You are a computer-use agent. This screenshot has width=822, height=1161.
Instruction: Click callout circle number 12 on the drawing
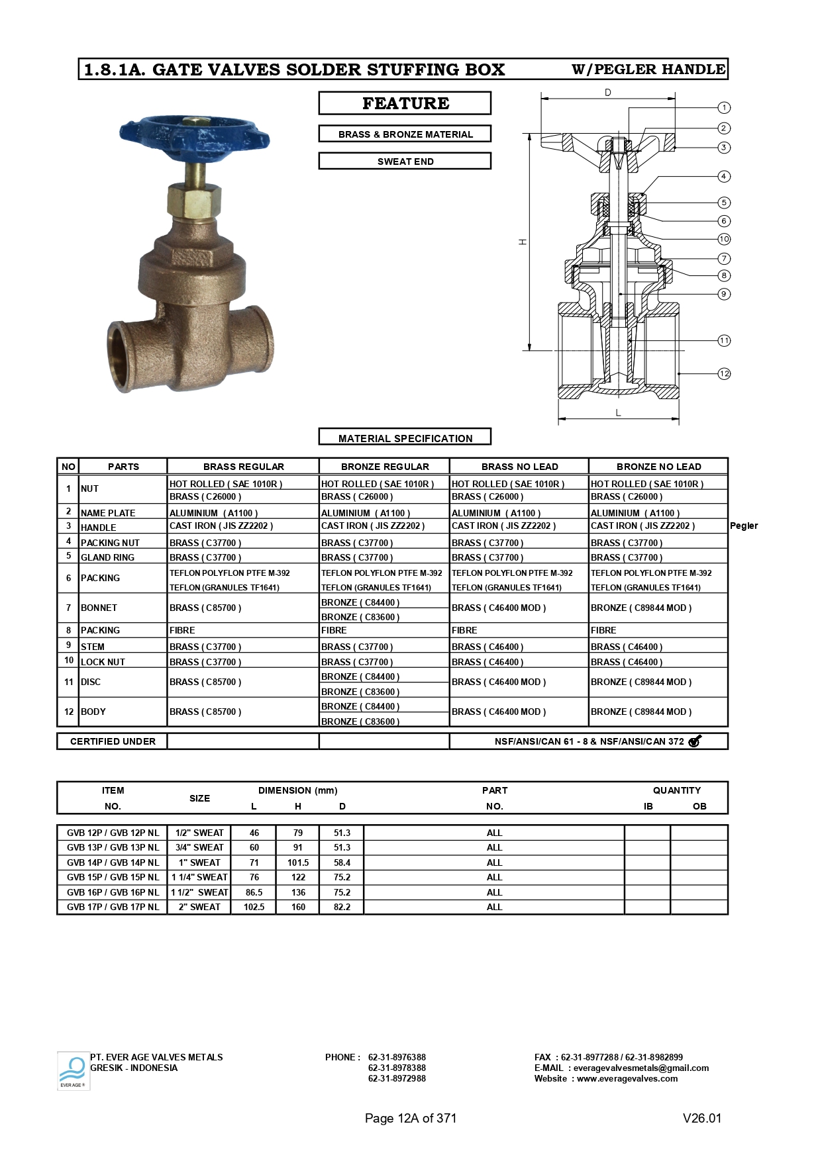[724, 374]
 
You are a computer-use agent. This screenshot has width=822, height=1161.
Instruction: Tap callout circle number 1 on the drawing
[724, 107]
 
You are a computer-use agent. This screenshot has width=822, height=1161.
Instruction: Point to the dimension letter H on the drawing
[523, 242]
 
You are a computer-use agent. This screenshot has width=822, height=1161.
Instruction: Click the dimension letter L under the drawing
[618, 412]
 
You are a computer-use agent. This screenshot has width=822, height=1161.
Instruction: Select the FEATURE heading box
[405, 103]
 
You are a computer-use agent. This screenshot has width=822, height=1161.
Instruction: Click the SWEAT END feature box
[405, 162]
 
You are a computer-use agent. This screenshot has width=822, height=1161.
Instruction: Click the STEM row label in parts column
[93, 647]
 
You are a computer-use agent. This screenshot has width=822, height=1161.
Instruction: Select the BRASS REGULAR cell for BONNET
[205, 608]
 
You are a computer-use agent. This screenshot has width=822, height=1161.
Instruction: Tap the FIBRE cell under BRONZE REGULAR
[334, 630]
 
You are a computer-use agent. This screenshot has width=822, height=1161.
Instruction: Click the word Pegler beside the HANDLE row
[743, 526]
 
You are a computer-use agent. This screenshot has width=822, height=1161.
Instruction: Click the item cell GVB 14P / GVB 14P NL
[113, 862]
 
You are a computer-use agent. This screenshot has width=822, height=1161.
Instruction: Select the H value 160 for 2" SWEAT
[298, 907]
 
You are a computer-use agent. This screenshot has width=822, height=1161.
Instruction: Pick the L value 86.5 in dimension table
[254, 892]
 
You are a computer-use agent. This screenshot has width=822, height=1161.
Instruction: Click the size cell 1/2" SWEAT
[199, 833]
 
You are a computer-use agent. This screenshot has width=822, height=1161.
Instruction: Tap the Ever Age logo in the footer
[72, 1070]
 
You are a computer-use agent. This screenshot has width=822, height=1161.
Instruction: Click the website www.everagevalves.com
[627, 1078]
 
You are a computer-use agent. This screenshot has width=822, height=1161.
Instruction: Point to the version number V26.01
[701, 1118]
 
